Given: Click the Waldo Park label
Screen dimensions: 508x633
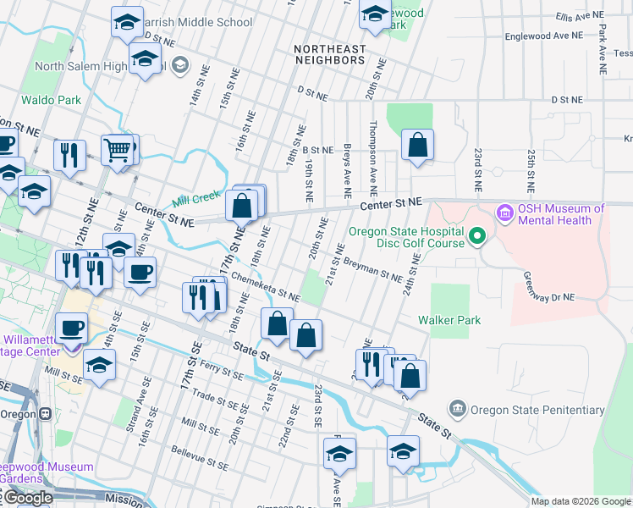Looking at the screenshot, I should pyautogui.click(x=51, y=100).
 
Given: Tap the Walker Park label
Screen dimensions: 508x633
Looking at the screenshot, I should pyautogui.click(x=449, y=320).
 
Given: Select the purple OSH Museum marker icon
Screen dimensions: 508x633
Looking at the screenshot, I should pyautogui.click(x=506, y=212).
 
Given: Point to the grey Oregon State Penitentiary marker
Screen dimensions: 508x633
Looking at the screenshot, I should pyautogui.click(x=458, y=410).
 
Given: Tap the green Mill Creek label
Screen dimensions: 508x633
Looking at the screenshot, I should pyautogui.click(x=190, y=202).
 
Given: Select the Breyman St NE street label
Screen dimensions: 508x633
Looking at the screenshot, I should pyautogui.click(x=372, y=270).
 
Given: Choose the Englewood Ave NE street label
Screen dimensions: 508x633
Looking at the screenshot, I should pyautogui.click(x=544, y=36).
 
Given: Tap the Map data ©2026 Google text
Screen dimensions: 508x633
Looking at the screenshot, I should pyautogui.click(x=581, y=501).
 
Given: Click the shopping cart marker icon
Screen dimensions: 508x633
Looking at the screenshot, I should pyautogui.click(x=118, y=150).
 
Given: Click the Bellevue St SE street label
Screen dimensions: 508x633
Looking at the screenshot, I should pyautogui.click(x=200, y=457).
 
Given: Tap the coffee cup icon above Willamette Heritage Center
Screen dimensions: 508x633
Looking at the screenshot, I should pyautogui.click(x=72, y=326).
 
